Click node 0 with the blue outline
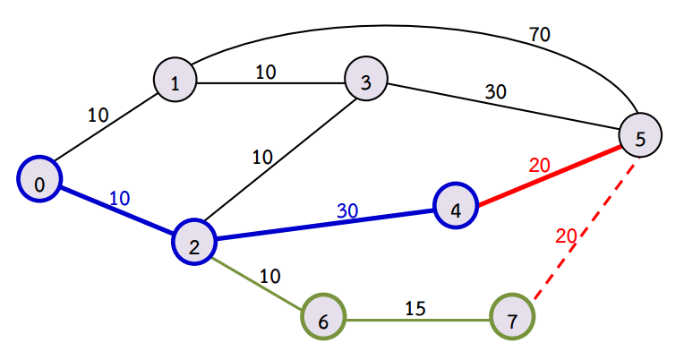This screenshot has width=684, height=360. coord(39,183)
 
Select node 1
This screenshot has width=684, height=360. coord(175,81)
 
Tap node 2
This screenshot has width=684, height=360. coord(195,241)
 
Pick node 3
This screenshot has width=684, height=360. coord(365,81)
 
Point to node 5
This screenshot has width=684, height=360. coord(639,136)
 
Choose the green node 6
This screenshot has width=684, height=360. coord(323,318)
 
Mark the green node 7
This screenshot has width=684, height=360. coord(512,318)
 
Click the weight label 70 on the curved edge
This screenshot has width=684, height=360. coord(539,35)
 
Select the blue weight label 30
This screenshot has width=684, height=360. coord(347,211)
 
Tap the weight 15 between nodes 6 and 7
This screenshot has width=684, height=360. coord(415,308)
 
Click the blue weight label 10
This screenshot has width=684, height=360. coord(120,198)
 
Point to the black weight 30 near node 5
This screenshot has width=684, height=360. coord(495,91)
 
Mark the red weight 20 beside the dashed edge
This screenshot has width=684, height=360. coord(566,236)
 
